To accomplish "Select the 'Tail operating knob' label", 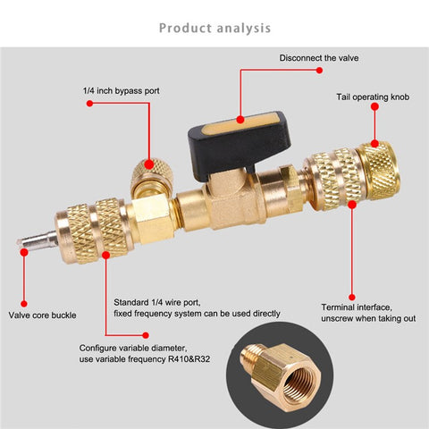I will click(x=373, y=96).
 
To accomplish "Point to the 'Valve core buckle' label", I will click(x=44, y=315).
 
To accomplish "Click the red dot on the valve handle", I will click(x=240, y=116).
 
